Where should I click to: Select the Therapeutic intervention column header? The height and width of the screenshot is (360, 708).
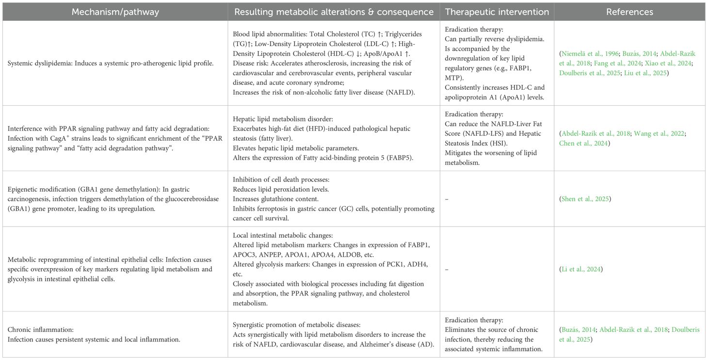[x=497, y=12]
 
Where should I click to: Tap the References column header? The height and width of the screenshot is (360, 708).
[x=629, y=12]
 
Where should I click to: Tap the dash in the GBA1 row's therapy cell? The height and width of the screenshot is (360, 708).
[x=447, y=199]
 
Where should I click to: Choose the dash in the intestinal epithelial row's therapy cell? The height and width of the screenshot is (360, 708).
[x=447, y=269]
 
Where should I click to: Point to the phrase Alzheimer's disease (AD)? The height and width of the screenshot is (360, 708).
[x=397, y=344]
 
